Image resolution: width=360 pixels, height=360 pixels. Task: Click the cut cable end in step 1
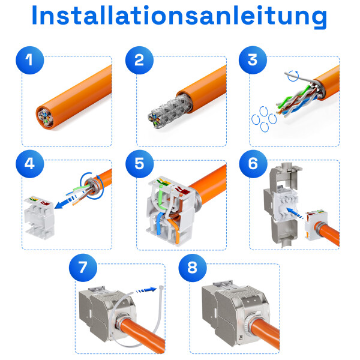click(44, 115)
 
